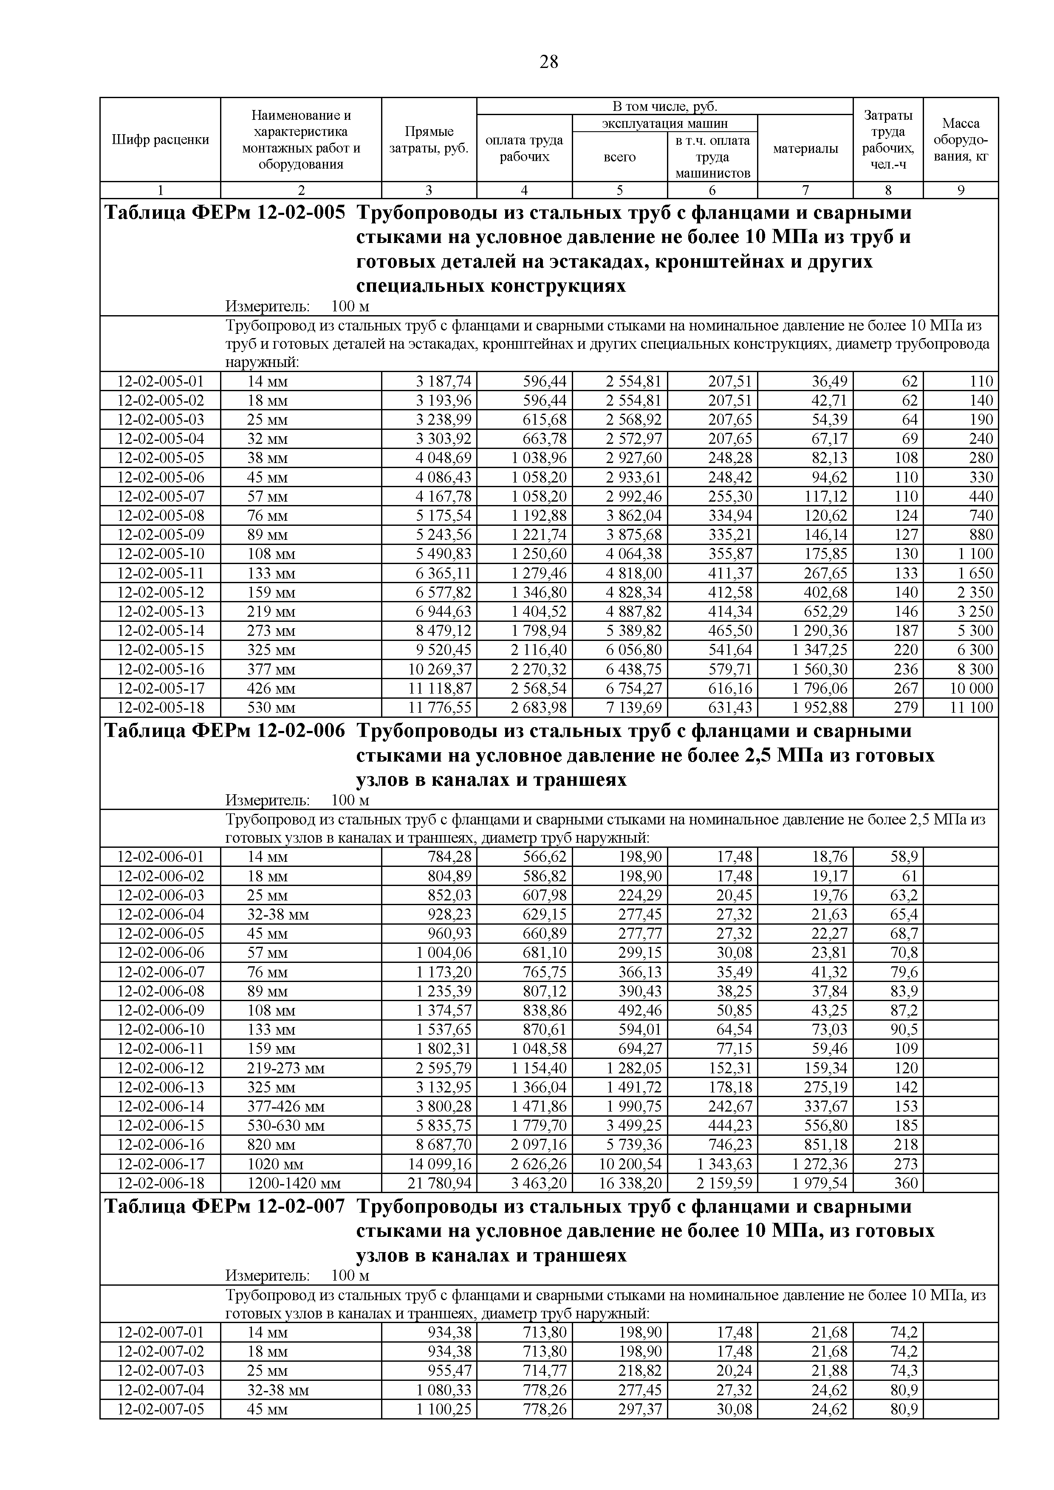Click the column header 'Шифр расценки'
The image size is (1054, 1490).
[x=160, y=139]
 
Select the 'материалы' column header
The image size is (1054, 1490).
[x=805, y=149]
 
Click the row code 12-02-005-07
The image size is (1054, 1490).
[x=160, y=497]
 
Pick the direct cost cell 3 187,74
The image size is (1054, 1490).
[x=444, y=381]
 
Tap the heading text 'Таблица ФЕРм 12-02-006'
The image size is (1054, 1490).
[x=225, y=731]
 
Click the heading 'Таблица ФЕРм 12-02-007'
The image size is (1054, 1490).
[x=225, y=1206]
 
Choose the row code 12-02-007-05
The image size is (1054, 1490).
[x=160, y=1409]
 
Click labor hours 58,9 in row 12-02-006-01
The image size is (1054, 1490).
[x=904, y=857]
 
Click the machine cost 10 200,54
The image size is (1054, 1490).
[x=630, y=1163]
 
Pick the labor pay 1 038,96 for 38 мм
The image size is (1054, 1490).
[x=539, y=458]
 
